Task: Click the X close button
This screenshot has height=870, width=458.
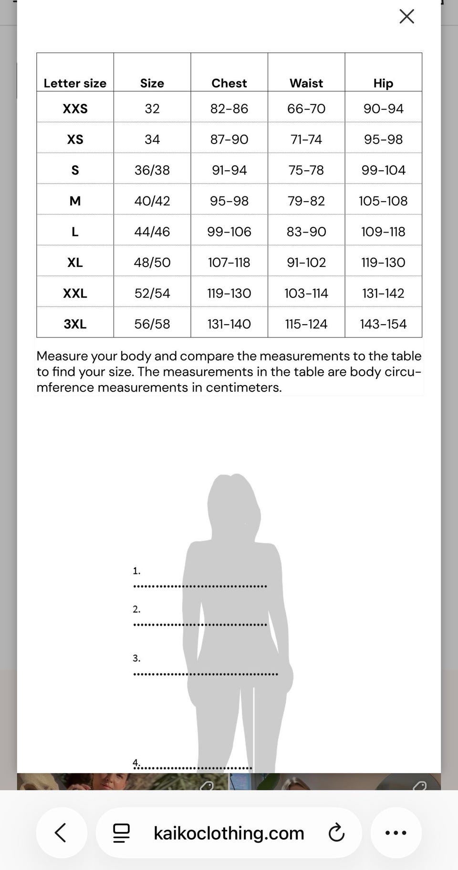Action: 406,17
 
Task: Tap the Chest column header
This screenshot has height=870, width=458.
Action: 229,83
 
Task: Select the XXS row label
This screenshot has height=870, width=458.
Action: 75,109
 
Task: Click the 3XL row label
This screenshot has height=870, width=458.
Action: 75,324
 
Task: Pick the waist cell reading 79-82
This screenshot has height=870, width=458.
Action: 306,201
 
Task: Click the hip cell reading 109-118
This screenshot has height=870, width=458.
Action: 383,232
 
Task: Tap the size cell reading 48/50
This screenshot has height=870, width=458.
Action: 152,262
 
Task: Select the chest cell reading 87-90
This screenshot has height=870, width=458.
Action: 229,139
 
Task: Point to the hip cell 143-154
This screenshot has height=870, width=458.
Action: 383,324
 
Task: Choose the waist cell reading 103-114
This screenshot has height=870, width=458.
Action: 306,293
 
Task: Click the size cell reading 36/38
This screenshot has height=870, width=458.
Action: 152,170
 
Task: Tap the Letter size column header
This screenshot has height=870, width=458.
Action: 75,83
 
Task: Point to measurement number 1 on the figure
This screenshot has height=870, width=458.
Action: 136,571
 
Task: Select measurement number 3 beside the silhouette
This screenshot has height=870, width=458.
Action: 136,658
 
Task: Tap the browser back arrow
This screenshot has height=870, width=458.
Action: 61,833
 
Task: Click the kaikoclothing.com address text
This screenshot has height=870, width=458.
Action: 229,833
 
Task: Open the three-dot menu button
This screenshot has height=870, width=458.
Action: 396,833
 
